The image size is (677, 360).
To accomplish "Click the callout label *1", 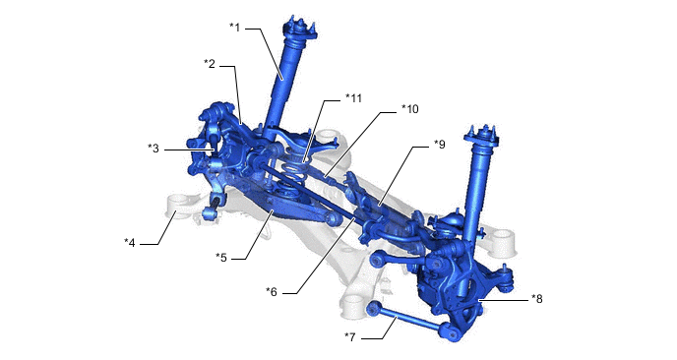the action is [235, 28].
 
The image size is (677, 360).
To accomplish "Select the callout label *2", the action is [210, 64].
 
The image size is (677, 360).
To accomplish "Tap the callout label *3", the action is [154, 149].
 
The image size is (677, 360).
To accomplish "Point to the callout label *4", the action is [130, 243].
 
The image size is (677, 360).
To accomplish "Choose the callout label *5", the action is [221, 258].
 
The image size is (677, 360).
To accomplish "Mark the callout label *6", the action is [272, 292].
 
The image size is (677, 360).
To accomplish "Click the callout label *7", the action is [350, 337].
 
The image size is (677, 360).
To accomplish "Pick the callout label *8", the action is [537, 298].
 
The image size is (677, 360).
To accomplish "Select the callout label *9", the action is [440, 145].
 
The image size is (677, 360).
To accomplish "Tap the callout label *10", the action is [409, 109].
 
